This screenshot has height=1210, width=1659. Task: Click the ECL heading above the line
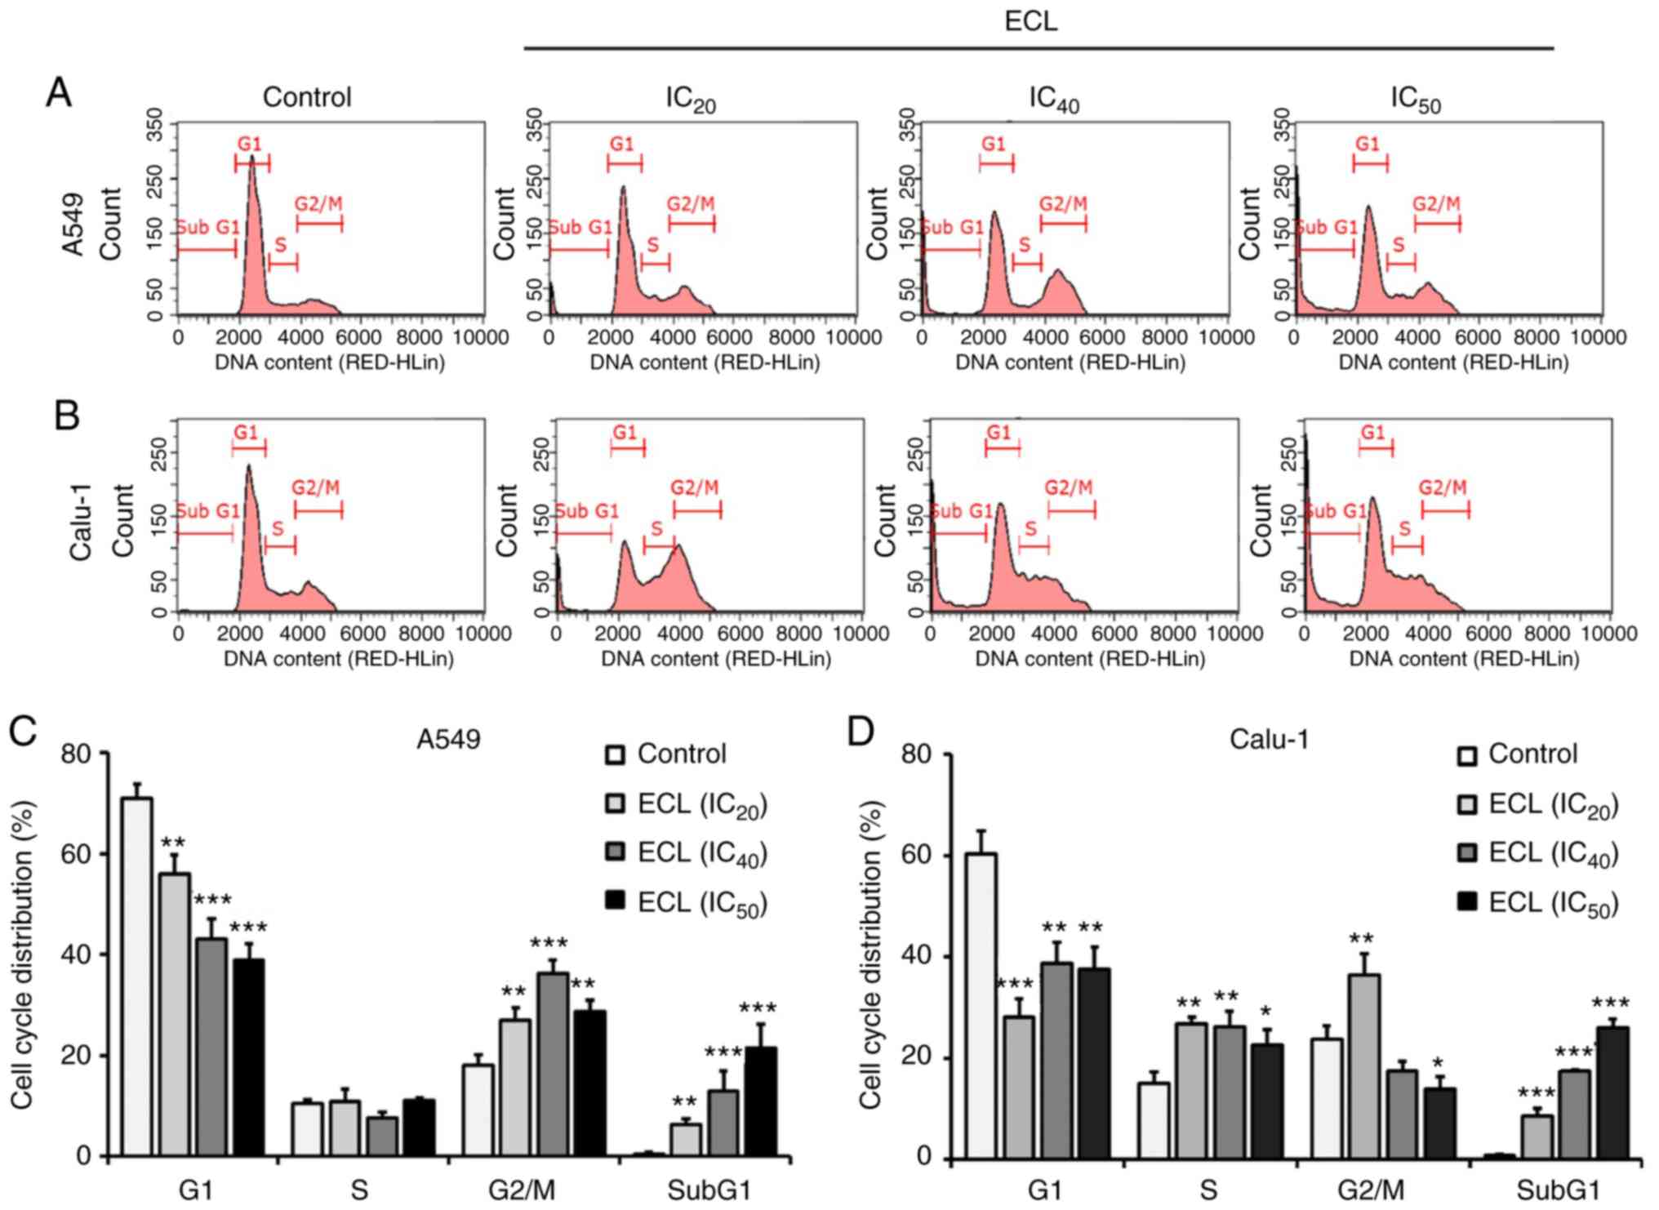pos(1030,20)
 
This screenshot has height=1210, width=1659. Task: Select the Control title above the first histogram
pos(307,97)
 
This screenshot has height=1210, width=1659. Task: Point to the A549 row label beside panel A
pos(73,224)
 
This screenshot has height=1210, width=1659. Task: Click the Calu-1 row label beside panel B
pos(80,523)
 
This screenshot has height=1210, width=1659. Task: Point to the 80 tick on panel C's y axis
pos(76,753)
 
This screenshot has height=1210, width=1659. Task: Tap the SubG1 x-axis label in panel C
pos(709,1190)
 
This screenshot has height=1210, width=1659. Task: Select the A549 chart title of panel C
pos(448,739)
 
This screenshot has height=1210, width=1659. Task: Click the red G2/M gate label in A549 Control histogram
pos(318,203)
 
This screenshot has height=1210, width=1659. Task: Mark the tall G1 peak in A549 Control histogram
pos(252,163)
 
